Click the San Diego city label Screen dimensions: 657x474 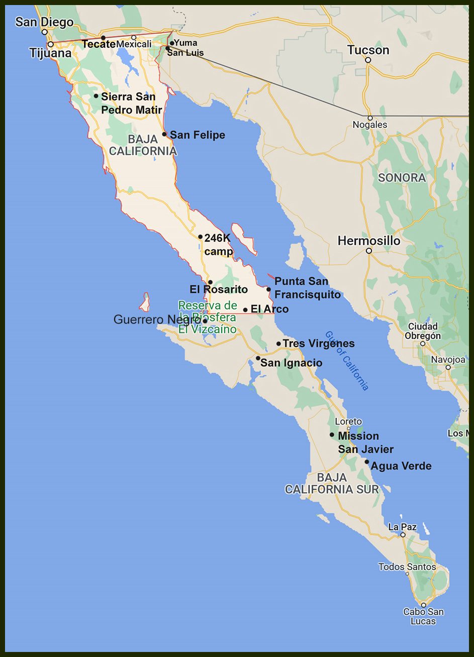point(44,22)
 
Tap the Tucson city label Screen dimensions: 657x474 point(368,50)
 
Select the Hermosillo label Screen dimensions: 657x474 point(369,241)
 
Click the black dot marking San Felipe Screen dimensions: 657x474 point(164,134)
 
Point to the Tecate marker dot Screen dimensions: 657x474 point(103,38)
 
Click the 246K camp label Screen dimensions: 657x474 point(218,244)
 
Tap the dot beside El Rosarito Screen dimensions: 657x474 point(210,282)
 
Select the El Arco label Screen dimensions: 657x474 point(269,309)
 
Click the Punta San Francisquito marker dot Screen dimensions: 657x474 point(268,289)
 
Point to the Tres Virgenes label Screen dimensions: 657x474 point(318,344)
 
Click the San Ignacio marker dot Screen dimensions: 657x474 point(258,358)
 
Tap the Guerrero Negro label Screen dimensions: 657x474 point(157,320)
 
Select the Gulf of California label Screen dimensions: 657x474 point(347,360)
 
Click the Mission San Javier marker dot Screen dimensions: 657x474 point(332,434)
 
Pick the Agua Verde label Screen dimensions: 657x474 point(401,466)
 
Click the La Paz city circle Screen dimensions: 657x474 point(403,535)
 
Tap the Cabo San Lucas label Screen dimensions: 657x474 point(423,616)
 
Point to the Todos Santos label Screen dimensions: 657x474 point(407,567)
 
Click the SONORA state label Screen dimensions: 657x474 point(402,178)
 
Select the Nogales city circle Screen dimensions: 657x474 point(369,117)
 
